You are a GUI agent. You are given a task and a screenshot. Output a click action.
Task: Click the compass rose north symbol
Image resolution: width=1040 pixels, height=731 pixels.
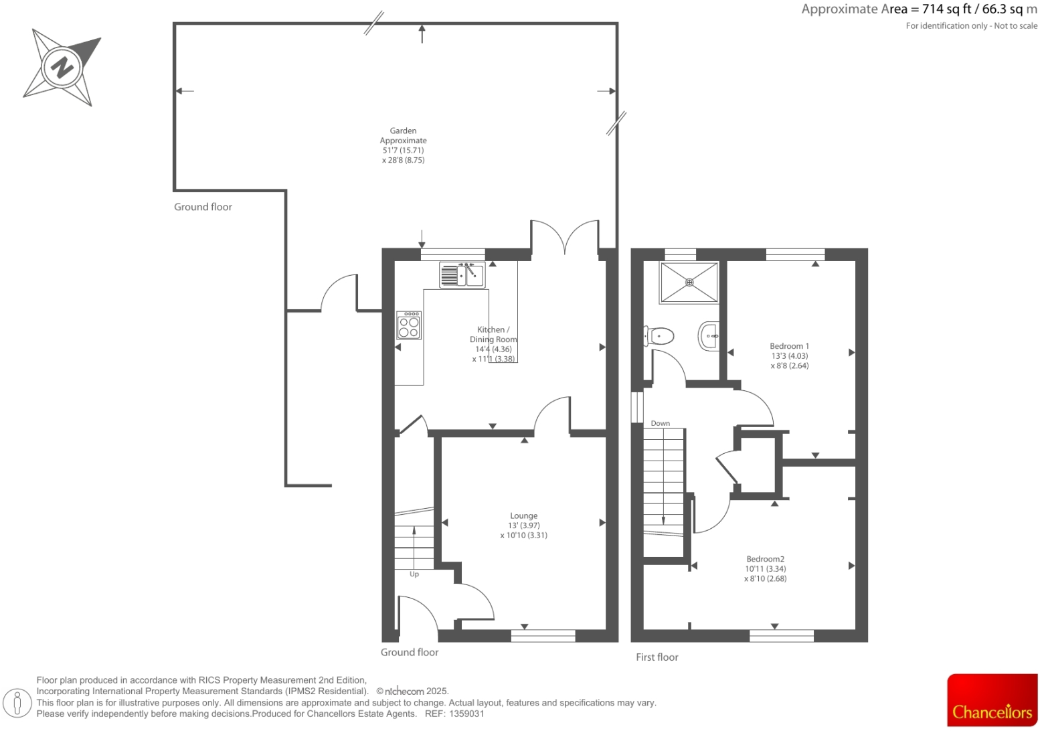[62, 67]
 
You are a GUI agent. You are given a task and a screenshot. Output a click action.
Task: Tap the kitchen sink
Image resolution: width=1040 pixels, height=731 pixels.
[462, 274]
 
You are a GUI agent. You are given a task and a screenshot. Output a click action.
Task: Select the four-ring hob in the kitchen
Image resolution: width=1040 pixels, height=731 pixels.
[409, 325]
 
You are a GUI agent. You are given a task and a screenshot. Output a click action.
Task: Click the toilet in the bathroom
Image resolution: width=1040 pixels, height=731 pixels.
[659, 336]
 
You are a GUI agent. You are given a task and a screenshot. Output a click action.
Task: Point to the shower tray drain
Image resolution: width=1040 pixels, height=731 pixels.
[689, 282]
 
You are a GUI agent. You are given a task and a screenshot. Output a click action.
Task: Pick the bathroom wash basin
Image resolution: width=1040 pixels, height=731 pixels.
[709, 335]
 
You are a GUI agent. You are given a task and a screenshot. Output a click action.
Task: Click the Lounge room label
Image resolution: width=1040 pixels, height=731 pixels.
[523, 516]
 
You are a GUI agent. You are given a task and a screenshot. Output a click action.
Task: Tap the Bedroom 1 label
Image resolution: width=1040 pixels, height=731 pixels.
[789, 346]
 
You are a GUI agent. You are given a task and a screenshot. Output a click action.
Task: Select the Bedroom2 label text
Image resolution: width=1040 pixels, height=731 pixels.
[765, 559]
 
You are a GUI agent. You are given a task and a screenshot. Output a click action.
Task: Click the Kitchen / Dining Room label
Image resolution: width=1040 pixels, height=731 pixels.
[493, 335]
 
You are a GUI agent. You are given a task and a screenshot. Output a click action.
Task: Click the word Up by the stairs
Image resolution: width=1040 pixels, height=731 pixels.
[414, 574]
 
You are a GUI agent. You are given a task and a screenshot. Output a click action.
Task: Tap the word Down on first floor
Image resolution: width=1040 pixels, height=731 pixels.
[660, 423]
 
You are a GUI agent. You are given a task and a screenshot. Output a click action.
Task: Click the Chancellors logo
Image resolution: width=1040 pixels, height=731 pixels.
[992, 700]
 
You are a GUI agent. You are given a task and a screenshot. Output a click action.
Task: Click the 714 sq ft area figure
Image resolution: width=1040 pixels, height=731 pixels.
[947, 9]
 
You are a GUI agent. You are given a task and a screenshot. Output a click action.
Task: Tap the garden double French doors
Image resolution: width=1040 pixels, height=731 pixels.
[565, 238]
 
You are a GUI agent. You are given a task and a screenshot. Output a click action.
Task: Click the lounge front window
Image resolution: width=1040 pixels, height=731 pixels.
[543, 635]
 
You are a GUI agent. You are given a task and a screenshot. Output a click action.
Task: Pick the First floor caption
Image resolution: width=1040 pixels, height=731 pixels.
[657, 657]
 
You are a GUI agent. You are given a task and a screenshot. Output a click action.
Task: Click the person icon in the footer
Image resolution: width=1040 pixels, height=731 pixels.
[17, 703]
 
